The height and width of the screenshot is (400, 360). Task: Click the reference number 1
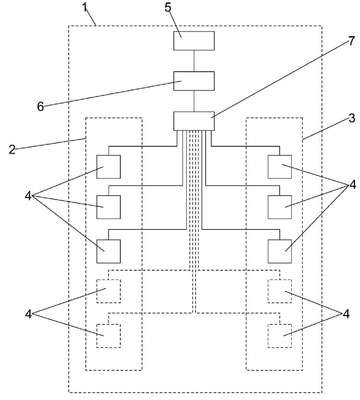[x=86, y=7]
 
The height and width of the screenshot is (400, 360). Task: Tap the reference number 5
[x=168, y=7]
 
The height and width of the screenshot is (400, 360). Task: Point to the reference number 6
[x=40, y=107]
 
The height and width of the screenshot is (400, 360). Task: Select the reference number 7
[x=351, y=41]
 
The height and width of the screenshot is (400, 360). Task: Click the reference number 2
[x=12, y=150]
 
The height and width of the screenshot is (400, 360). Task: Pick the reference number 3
[x=352, y=118]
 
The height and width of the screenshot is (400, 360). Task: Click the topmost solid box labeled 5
[x=194, y=41]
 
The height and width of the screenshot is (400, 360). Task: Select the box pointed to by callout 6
[x=194, y=81]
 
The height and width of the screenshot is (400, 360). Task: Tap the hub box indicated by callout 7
[x=194, y=121]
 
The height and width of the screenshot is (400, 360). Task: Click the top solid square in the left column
[x=108, y=167]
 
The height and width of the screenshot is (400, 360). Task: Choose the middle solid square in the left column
[x=108, y=207]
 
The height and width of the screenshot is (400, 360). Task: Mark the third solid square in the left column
[x=108, y=251]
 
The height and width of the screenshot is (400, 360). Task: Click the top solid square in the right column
[x=280, y=167]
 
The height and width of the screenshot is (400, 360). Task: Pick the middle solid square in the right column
[x=280, y=207]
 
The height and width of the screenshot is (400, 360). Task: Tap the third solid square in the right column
[x=280, y=251]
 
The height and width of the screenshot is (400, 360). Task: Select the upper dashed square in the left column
[x=108, y=291]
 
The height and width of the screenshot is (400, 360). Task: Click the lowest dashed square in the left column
[x=108, y=336]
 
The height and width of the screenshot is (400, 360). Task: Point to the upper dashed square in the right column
[x=280, y=291]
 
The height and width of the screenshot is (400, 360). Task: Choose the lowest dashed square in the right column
[x=280, y=336]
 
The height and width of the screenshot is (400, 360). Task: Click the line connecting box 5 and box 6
[x=194, y=61]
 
